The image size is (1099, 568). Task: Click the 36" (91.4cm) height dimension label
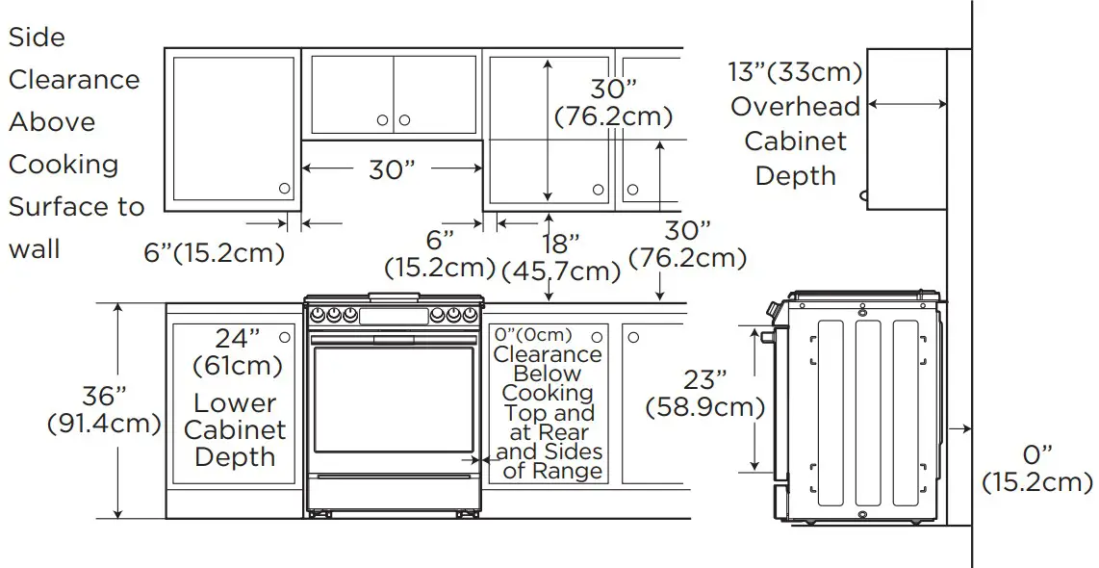click(103, 410)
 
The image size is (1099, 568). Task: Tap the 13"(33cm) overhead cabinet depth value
click(795, 72)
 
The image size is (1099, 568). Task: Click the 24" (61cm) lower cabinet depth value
click(237, 351)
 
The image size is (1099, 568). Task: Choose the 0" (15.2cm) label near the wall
click(1036, 468)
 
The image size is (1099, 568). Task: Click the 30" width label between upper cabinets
click(392, 169)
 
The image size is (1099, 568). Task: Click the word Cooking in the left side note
click(64, 165)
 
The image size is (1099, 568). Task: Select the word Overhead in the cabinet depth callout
click(794, 106)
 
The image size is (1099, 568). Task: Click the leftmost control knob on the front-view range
click(318, 314)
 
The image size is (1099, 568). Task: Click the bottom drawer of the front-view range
click(393, 492)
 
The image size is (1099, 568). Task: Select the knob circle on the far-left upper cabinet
click(284, 189)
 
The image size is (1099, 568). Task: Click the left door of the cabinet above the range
click(351, 94)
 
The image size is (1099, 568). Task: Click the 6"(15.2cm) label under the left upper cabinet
click(214, 253)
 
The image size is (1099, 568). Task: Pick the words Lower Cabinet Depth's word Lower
click(235, 403)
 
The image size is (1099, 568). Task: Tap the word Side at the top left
click(37, 38)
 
